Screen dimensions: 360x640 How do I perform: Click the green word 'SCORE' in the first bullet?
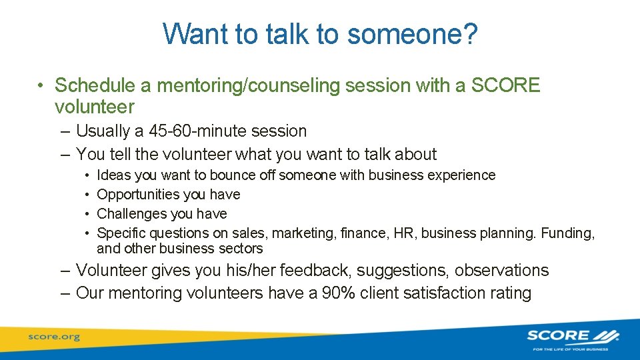[x=505, y=85]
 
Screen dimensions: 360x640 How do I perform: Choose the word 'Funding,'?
[x=568, y=233]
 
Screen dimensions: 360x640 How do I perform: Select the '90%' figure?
[x=355, y=293]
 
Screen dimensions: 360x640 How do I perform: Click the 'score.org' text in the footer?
[x=53, y=337]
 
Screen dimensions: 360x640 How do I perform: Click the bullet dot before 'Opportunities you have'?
[x=89, y=195]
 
